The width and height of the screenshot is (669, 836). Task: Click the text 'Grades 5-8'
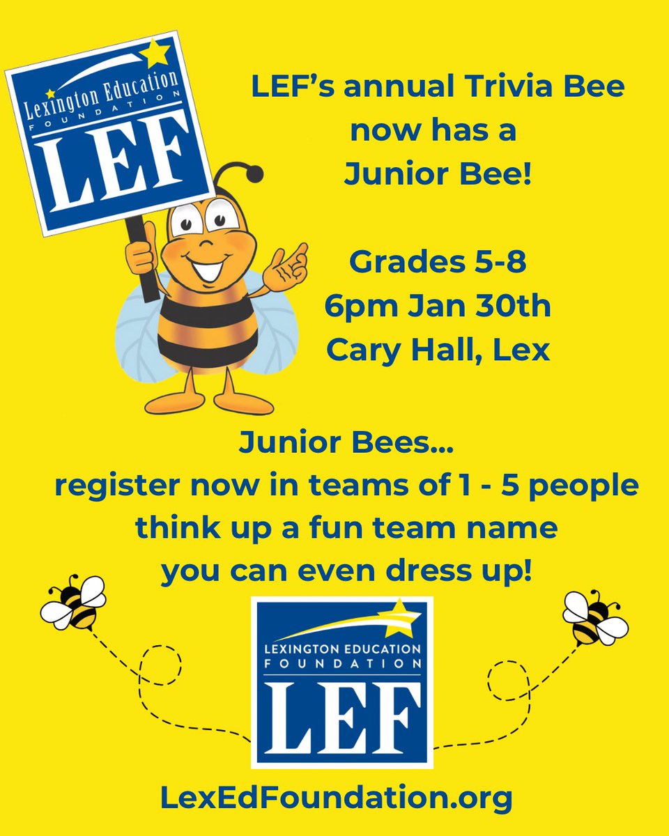click(438, 263)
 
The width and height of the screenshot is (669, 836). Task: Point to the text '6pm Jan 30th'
click(438, 307)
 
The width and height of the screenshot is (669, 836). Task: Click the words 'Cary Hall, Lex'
click(438, 350)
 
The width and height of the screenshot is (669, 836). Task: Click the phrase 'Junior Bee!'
click(438, 174)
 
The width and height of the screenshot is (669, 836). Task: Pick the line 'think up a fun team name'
click(346, 527)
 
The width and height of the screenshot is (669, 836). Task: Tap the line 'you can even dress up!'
click(346, 571)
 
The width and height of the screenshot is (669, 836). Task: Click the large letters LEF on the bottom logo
click(341, 713)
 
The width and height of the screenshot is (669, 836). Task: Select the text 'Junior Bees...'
click(346, 442)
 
